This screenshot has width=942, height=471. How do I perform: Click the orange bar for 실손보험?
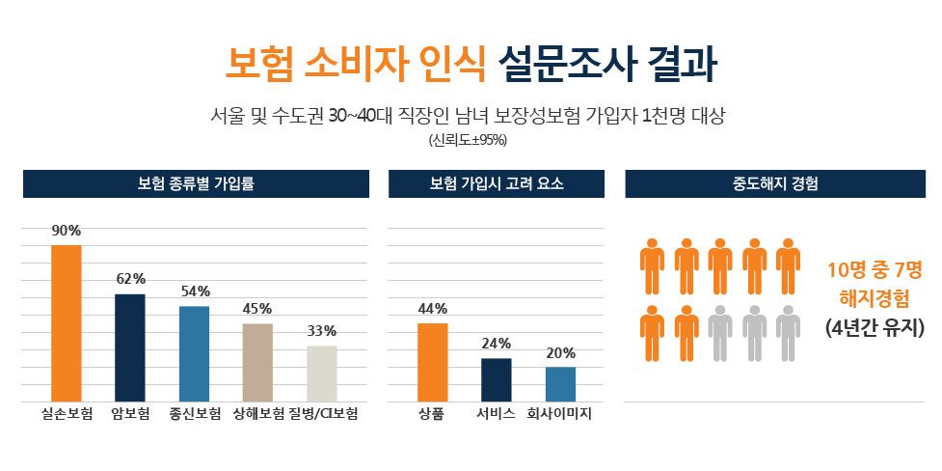click(x=67, y=322)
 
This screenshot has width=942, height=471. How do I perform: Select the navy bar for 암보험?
click(x=130, y=346)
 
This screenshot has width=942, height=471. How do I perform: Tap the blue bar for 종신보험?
click(x=194, y=352)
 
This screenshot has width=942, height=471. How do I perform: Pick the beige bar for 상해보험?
click(x=257, y=361)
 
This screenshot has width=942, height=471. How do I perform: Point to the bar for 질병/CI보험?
click(x=322, y=373)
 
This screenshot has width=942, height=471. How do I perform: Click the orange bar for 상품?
click(x=432, y=361)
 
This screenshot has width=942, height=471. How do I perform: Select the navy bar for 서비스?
click(x=496, y=378)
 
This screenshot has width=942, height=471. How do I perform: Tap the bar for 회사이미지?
click(x=560, y=383)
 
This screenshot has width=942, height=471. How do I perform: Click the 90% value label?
click(x=67, y=231)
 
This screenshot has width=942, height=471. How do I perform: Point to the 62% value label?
click(x=130, y=279)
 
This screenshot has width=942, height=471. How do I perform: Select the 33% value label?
click(x=322, y=331)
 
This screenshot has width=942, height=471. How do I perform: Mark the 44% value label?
click(x=432, y=309)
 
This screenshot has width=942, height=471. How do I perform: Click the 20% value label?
click(x=560, y=352)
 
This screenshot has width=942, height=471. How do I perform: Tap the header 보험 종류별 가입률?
click(x=197, y=183)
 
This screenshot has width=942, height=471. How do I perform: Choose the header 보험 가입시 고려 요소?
click(x=497, y=183)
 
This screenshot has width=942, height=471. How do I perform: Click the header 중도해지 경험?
click(x=775, y=183)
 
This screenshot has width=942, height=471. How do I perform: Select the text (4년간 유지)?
click(x=875, y=328)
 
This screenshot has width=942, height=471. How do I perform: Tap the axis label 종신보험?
click(x=194, y=415)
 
